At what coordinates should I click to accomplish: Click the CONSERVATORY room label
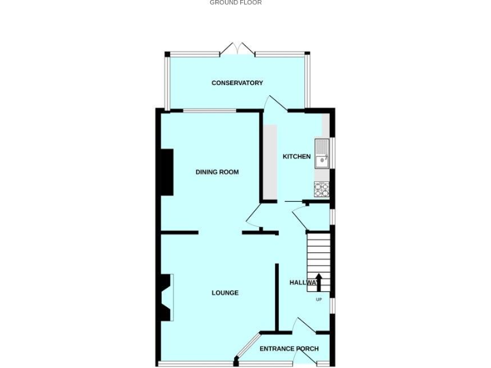(x=237, y=83)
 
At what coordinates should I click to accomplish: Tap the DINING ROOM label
(x=217, y=172)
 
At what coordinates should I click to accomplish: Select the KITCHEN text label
(x=297, y=157)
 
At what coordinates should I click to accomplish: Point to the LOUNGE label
(x=225, y=293)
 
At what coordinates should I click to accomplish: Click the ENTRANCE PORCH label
(x=289, y=349)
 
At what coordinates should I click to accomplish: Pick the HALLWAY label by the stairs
(x=303, y=282)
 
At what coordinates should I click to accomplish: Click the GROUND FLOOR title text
(x=235, y=3)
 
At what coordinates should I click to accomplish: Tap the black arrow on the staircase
(x=318, y=282)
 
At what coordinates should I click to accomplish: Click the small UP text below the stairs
(x=318, y=300)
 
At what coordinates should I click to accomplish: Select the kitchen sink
(x=321, y=154)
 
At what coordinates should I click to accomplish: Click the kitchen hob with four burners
(x=321, y=189)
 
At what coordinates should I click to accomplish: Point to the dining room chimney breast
(x=166, y=172)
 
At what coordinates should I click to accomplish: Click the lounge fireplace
(x=166, y=297)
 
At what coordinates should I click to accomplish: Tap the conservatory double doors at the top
(x=237, y=49)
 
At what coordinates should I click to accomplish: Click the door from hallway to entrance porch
(x=304, y=325)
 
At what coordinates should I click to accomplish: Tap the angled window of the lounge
(x=247, y=347)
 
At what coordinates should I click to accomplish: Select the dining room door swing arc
(x=254, y=215)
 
